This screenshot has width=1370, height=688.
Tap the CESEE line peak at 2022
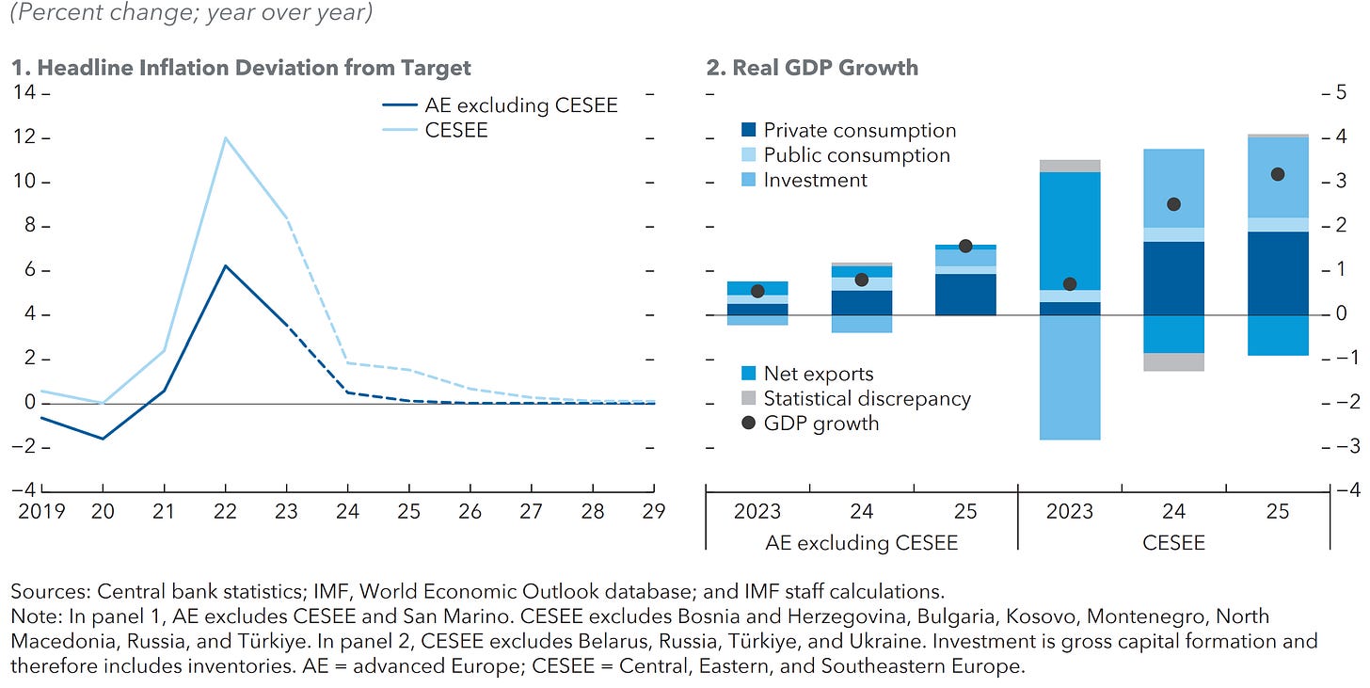click(x=225, y=138)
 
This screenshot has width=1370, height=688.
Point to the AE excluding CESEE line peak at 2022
click(x=225, y=265)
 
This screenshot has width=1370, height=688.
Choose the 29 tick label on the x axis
click(x=654, y=511)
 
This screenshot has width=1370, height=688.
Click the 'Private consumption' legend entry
click(x=859, y=131)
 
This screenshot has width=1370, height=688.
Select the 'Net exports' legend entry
click(x=818, y=374)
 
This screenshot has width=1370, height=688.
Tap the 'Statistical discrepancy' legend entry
click(x=866, y=398)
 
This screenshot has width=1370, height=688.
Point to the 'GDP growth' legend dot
click(x=749, y=424)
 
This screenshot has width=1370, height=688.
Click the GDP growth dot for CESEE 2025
click(x=1278, y=174)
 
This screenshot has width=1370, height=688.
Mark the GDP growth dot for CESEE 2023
click(x=1070, y=284)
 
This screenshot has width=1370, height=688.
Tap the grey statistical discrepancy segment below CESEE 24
click(x=1173, y=361)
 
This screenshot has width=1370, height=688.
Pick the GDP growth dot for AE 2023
click(x=757, y=291)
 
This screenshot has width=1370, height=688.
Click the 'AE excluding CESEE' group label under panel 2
click(x=861, y=542)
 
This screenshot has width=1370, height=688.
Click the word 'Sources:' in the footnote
click(x=51, y=592)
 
